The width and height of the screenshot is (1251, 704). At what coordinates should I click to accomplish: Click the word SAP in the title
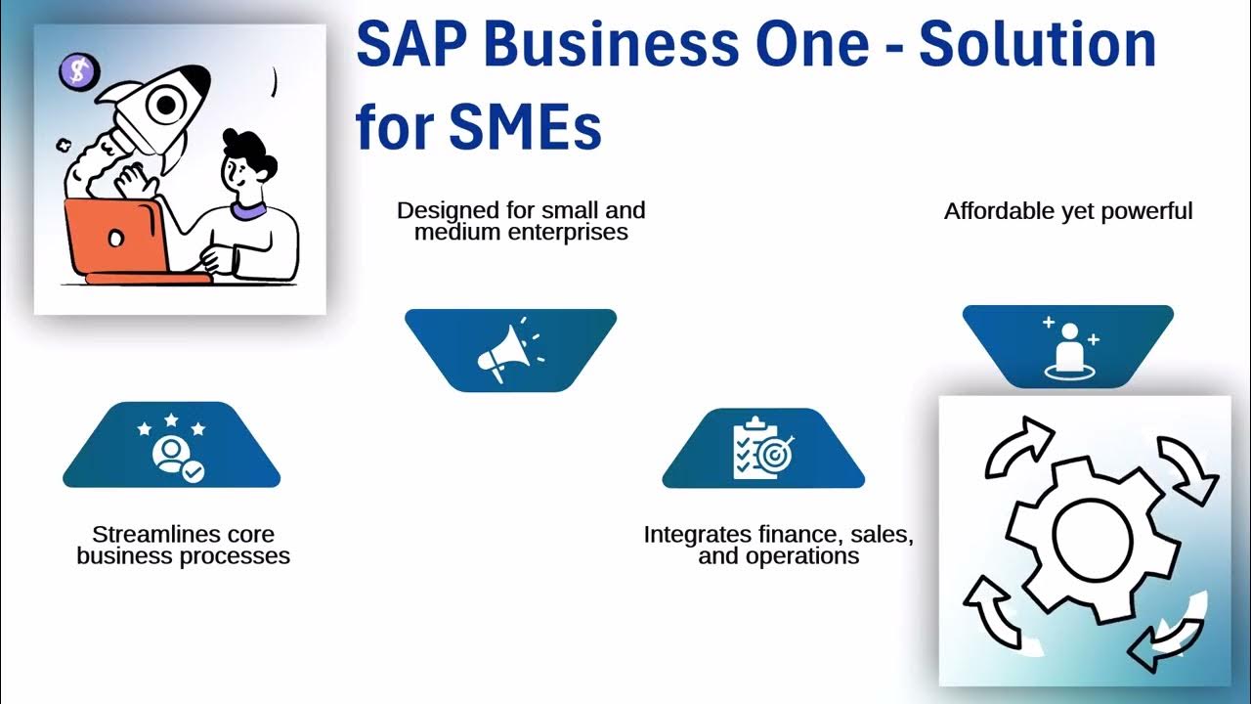[410, 46]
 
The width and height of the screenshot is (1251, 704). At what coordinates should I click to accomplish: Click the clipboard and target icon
[763, 448]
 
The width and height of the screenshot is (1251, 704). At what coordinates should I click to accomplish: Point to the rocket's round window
[167, 103]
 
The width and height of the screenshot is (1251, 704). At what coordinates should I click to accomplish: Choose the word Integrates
[696, 535]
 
